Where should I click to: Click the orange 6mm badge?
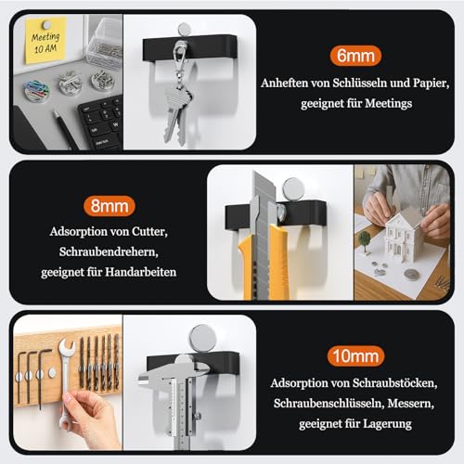pyautogui.click(x=355, y=56)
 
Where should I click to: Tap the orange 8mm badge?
pyautogui.click(x=110, y=206)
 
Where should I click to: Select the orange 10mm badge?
pyautogui.click(x=355, y=356)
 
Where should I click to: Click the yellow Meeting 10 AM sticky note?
pyautogui.click(x=45, y=41)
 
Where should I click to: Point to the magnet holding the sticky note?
pyautogui.click(x=47, y=24)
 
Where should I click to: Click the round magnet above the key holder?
pyautogui.click(x=184, y=29)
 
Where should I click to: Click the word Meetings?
pyautogui.click(x=389, y=103)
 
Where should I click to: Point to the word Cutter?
pyautogui.click(x=149, y=231)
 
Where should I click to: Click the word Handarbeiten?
pyautogui.click(x=141, y=272)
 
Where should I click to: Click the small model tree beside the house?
pyautogui.click(x=365, y=240)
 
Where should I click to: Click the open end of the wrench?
pyautogui.click(x=67, y=347)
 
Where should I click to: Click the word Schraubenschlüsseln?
pyautogui.click(x=329, y=403)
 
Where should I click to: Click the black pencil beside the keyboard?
pyautogui.click(x=65, y=130)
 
